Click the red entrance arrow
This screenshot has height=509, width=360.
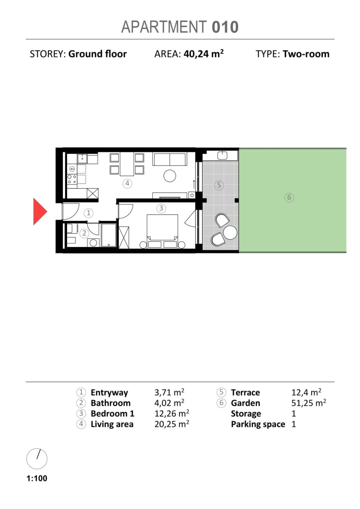pyautogui.click(x=39, y=211)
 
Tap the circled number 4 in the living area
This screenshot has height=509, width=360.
pyautogui.click(x=127, y=183)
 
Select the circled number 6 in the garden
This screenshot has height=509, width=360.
pyautogui.click(x=289, y=197)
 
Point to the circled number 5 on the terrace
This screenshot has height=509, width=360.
pyautogui.click(x=219, y=185)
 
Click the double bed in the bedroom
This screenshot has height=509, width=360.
pyautogui.click(x=162, y=231)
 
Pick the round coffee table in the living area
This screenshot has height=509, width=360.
pyautogui.click(x=170, y=176)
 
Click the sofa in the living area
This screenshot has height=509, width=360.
pyautogui.click(x=170, y=159)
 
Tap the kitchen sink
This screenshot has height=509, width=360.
pyautogui.click(x=82, y=158)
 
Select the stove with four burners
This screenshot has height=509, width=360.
pyautogui.click(x=72, y=179)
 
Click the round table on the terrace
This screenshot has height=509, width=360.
pyautogui.click(x=230, y=232)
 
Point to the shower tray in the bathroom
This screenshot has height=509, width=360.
pyautogui.click(x=109, y=235)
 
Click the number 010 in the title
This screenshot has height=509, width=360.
pyautogui.click(x=225, y=27)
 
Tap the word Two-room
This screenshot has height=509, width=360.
pyautogui.click(x=306, y=54)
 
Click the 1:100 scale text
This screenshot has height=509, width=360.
pyautogui.click(x=37, y=478)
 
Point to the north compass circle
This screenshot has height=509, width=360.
pyautogui.click(x=37, y=459)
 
